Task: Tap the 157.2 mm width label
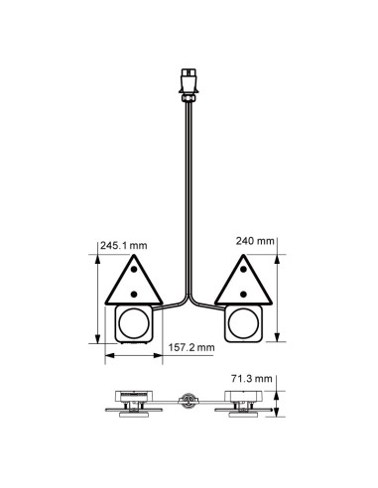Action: coord(188,348)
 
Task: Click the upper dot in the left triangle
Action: coord(133,277)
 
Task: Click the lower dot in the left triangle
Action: coord(133,294)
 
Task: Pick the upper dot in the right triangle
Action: coord(243,277)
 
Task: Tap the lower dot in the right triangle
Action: coord(243,294)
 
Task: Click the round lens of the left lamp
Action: coord(133,322)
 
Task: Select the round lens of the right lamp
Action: coord(243,322)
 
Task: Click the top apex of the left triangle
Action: coord(133,256)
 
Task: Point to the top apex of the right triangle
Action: coord(243,256)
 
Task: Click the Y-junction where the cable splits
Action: coord(189,298)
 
